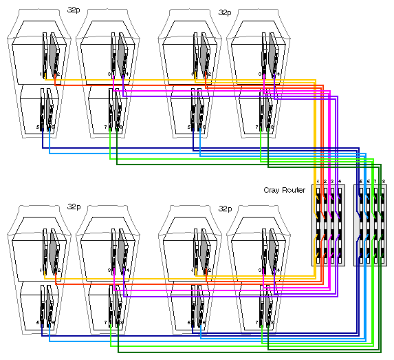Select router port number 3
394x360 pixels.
coord(332,181)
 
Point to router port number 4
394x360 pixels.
coord(340,181)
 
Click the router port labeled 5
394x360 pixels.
coord(361,181)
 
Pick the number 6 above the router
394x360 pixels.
coord(369,181)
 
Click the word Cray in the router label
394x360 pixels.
coord(271,190)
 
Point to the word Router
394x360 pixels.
coord(293,190)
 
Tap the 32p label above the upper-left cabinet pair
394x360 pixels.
coord(74,12)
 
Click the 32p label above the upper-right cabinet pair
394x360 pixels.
coord(225,12)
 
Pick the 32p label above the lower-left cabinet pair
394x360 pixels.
coord(74,207)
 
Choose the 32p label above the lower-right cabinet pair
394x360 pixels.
coord(225,207)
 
